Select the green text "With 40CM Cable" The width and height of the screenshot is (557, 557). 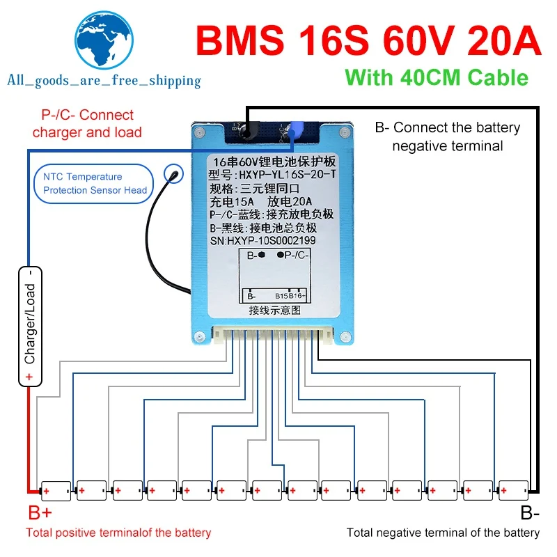point(437,77)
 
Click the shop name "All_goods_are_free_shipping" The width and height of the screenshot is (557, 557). point(104,81)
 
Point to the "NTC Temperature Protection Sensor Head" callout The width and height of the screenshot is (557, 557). point(95,184)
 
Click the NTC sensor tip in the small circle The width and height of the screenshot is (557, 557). point(170,174)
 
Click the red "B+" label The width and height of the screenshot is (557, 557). point(40,514)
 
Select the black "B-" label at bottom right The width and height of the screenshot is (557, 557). point(530,514)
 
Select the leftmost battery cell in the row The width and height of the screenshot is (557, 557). point(56,491)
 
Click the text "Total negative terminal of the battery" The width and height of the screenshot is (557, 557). point(443,533)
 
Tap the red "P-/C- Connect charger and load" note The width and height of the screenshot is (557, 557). point(87,124)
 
